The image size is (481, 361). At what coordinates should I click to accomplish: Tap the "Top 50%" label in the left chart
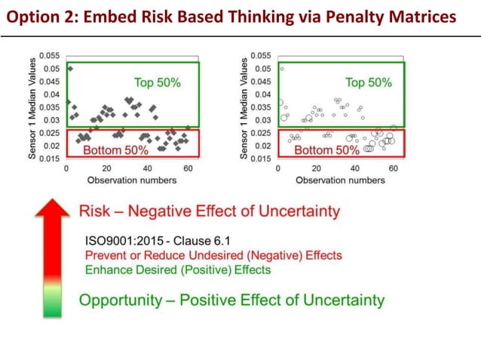[x=157, y=83]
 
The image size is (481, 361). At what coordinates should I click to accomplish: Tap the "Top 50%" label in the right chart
[x=368, y=83]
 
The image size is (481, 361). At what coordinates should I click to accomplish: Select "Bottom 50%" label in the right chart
[x=326, y=150]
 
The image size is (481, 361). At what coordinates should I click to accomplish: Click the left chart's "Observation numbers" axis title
[x=131, y=180]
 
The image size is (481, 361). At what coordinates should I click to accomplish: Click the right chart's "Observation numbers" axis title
[x=341, y=180]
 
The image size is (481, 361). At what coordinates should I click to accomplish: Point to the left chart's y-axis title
[x=31, y=107]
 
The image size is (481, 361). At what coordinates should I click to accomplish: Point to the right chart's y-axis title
[x=243, y=107]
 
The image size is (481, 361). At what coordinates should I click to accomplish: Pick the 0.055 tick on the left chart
[x=51, y=56]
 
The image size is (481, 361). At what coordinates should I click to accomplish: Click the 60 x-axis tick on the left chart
[x=185, y=169]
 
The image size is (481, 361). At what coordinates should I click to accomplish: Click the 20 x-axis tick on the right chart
[x=317, y=169]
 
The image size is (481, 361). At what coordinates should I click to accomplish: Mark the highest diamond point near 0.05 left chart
[x=70, y=69]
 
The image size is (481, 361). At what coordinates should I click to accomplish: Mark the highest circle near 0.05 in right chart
[x=282, y=69]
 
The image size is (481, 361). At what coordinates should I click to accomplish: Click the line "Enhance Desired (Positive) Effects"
[x=177, y=270]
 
